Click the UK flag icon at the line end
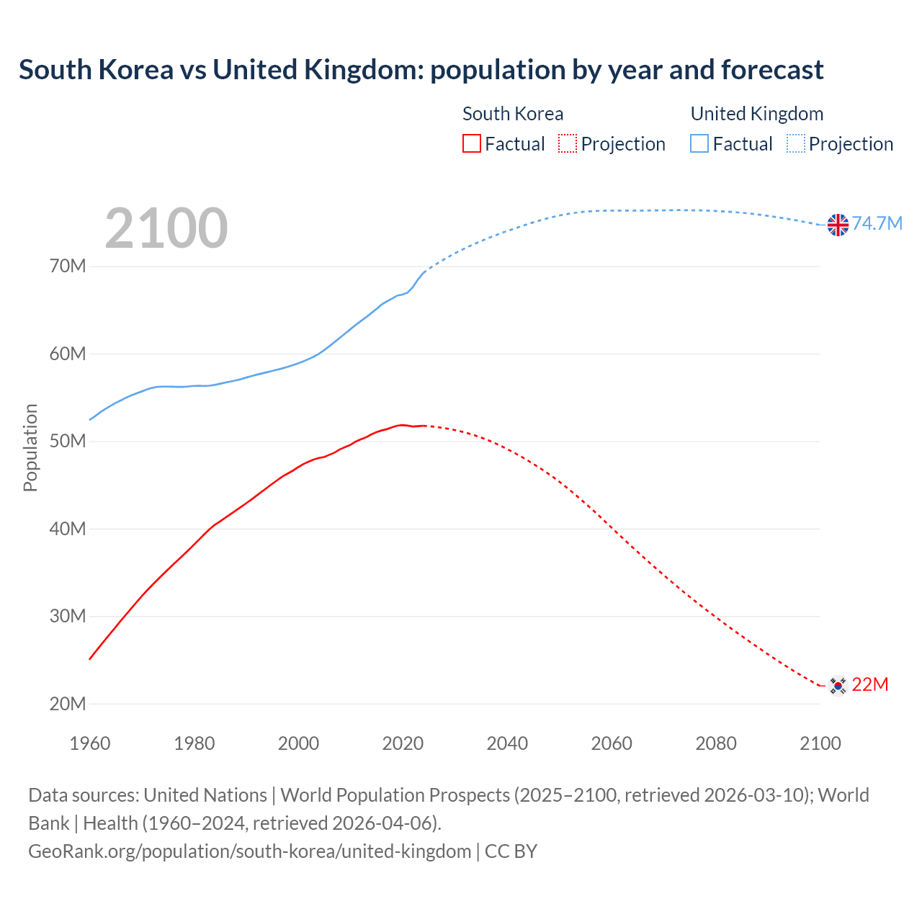pyautogui.click(x=838, y=225)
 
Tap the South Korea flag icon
pyautogui.click(x=837, y=685)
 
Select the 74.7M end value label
pyautogui.click(x=877, y=223)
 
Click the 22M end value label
pyautogui.click(x=870, y=684)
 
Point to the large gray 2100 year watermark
pyautogui.click(x=166, y=228)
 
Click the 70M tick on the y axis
pyautogui.click(x=68, y=267)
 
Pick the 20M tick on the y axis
pyautogui.click(x=68, y=704)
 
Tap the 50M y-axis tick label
pyautogui.click(x=68, y=441)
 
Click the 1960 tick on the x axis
pyautogui.click(x=90, y=743)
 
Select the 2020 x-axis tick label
pyautogui.click(x=403, y=743)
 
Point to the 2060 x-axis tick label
pyautogui.click(x=612, y=743)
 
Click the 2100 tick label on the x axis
pyautogui.click(x=820, y=743)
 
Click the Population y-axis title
pyautogui.click(x=30, y=447)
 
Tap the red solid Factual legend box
pyautogui.click(x=472, y=144)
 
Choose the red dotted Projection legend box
pyautogui.click(x=568, y=144)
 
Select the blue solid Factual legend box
pyautogui.click(x=699, y=144)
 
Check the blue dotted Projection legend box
pyautogui.click(x=796, y=144)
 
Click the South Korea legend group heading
pyautogui.click(x=513, y=114)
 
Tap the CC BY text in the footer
pyautogui.click(x=511, y=851)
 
